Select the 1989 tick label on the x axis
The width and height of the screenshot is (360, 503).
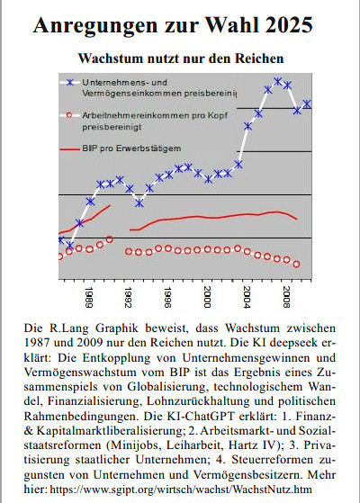coord(89,297)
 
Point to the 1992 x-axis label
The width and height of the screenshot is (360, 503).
coord(129,297)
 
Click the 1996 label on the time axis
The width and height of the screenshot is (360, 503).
coord(167,297)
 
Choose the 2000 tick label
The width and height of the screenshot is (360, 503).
coord(208,297)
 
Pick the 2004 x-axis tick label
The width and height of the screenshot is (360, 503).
coord(247,297)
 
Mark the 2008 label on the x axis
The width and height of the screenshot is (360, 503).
coord(287,297)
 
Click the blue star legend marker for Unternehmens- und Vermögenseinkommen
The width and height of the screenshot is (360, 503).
coord(69,83)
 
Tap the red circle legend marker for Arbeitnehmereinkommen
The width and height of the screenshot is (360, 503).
coord(69,115)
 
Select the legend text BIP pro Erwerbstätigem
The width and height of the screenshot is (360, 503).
coord(131,148)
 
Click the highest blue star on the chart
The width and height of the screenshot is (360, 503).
coord(278,81)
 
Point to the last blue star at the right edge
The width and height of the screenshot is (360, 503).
coord(307,104)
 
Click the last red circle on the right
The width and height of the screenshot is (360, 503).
coord(296,264)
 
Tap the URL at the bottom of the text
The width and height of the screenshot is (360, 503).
coord(181,490)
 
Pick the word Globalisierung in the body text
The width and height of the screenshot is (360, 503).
coord(166,387)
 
